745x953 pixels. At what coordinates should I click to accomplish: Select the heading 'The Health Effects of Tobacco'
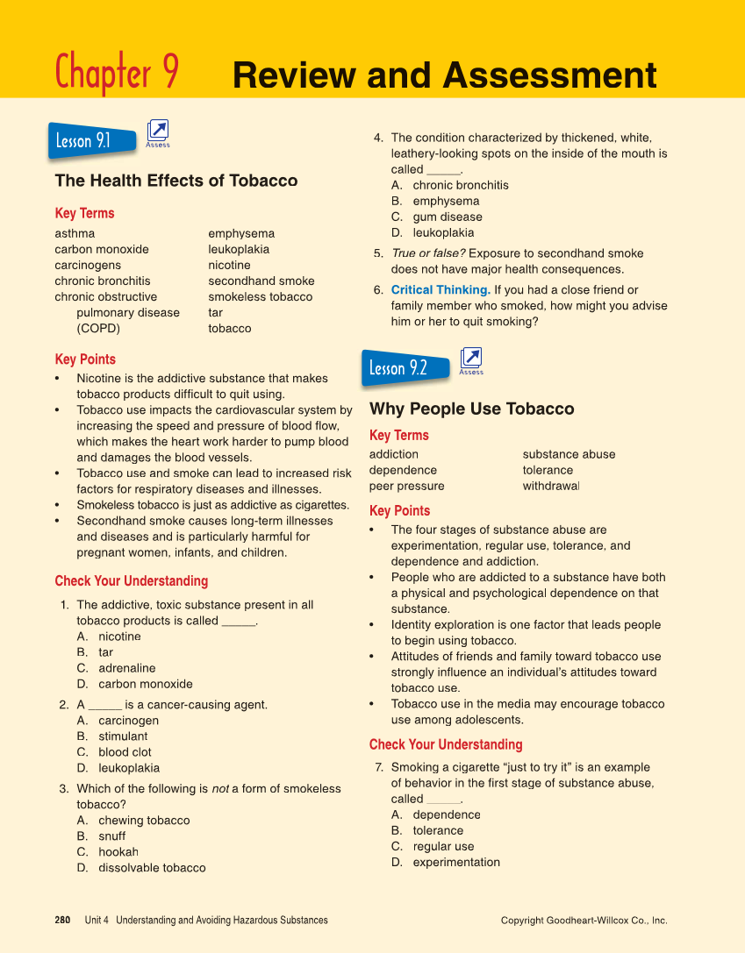[x=176, y=181]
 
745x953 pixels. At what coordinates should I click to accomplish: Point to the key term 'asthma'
[x=75, y=233]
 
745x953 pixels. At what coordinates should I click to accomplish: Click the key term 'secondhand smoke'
[x=261, y=281]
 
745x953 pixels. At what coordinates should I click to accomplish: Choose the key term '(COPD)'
[x=98, y=328]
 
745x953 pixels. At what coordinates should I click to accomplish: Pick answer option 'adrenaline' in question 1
[x=126, y=668]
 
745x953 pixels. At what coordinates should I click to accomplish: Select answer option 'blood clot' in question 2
[x=125, y=752]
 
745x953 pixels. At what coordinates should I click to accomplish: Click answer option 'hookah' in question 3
[x=118, y=852]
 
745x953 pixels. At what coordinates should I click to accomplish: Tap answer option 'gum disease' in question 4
[x=448, y=217]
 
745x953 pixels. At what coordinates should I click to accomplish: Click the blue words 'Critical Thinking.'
[x=440, y=289]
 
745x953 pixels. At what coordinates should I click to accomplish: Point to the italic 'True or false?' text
[x=428, y=253]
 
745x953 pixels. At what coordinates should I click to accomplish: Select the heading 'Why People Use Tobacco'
[x=471, y=409]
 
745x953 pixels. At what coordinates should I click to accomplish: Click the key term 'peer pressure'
[x=406, y=486]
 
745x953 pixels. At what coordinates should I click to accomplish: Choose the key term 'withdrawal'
[x=551, y=486]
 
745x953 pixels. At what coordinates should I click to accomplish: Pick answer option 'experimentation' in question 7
[x=456, y=862]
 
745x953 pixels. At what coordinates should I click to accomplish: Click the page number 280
[x=62, y=920]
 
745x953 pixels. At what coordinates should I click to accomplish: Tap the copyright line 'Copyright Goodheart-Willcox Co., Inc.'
[x=584, y=921]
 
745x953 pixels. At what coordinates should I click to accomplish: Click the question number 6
[x=378, y=290]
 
